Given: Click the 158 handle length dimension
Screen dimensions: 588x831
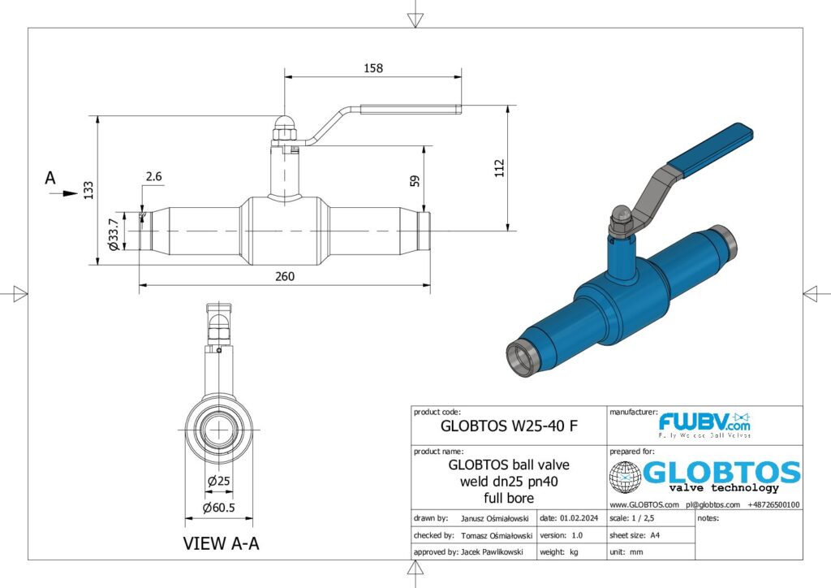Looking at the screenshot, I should [373, 68].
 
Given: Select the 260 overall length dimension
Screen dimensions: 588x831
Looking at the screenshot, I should [284, 276].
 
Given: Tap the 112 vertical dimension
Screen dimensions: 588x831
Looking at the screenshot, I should [499, 167].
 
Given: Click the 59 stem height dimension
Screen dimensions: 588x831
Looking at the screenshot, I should [415, 180].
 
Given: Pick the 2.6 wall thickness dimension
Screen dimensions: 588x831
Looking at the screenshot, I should [154, 176].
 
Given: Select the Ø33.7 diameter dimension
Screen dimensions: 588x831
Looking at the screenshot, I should [114, 233].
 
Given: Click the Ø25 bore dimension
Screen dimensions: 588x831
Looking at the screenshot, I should [218, 481].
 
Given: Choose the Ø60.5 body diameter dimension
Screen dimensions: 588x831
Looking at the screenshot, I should [220, 508].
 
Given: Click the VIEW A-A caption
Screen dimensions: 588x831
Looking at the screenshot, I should [221, 544].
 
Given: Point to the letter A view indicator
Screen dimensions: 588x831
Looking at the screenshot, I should [50, 178].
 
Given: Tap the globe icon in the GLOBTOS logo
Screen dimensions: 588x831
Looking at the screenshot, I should [625, 477].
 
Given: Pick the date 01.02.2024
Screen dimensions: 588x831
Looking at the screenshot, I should [582, 517].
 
